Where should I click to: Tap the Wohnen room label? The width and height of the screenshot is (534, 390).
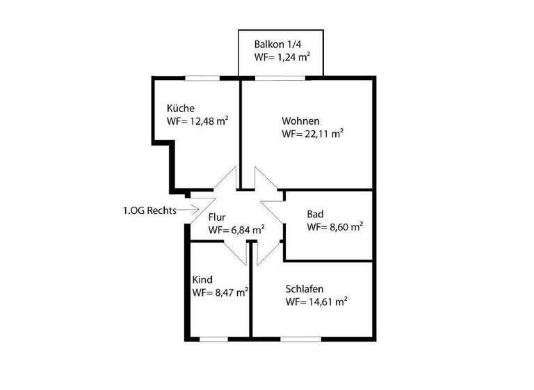(x=300, y=120)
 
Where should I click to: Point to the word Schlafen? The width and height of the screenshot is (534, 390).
(x=305, y=288)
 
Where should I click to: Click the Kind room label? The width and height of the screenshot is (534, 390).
(x=202, y=279)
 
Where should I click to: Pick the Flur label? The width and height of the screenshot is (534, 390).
(x=217, y=217)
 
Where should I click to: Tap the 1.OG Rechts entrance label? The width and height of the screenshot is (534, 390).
(x=147, y=209)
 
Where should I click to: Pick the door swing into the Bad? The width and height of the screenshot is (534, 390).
(x=273, y=213)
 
